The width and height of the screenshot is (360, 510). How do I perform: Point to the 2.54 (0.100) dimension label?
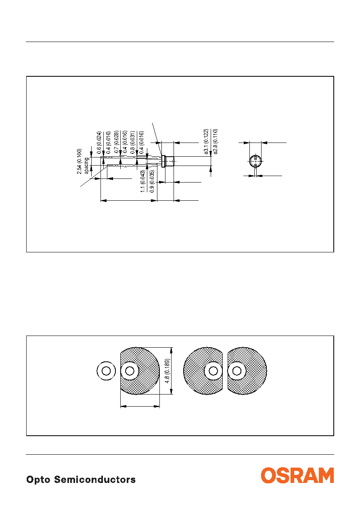[x=79, y=161]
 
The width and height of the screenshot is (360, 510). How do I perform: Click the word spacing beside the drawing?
[x=86, y=166]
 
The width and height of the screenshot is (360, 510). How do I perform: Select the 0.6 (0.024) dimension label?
[x=99, y=143]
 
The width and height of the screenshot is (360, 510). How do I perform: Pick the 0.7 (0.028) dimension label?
[x=116, y=142]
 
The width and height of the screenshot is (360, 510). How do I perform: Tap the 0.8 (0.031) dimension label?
[x=133, y=142]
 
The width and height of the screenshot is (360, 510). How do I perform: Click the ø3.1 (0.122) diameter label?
[x=206, y=142]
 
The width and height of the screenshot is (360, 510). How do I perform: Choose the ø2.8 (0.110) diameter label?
[x=216, y=142]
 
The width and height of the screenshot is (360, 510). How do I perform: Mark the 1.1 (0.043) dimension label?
[x=143, y=181]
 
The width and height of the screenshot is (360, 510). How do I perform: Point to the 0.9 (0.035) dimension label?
[x=152, y=181]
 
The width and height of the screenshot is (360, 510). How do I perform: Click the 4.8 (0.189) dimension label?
[x=167, y=371]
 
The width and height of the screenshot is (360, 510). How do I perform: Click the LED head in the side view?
[x=168, y=161]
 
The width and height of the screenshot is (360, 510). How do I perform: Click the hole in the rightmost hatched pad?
[x=237, y=371]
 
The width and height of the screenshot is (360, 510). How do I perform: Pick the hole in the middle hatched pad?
[x=213, y=371]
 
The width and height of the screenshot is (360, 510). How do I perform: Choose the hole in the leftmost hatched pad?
[x=130, y=371]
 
